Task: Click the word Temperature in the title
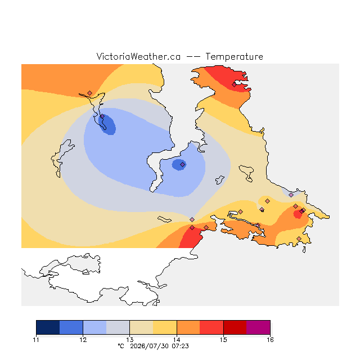(234, 56)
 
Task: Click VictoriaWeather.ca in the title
(138, 56)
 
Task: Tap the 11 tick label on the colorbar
(36, 340)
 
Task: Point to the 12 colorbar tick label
(83, 340)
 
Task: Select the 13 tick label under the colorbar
(130, 340)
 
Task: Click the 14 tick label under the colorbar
(177, 340)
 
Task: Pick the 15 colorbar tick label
(223, 340)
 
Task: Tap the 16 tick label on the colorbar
(270, 340)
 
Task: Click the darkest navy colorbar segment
(48, 327)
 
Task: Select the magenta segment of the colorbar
(258, 327)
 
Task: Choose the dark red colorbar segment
(235, 327)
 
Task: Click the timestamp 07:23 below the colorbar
(180, 346)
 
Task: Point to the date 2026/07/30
(150, 346)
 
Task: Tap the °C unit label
(121, 346)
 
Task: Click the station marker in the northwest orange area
(90, 93)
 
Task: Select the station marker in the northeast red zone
(234, 85)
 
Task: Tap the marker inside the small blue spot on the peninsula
(182, 164)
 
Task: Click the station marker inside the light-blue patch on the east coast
(291, 195)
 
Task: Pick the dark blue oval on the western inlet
(107, 124)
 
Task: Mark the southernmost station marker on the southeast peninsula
(299, 238)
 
